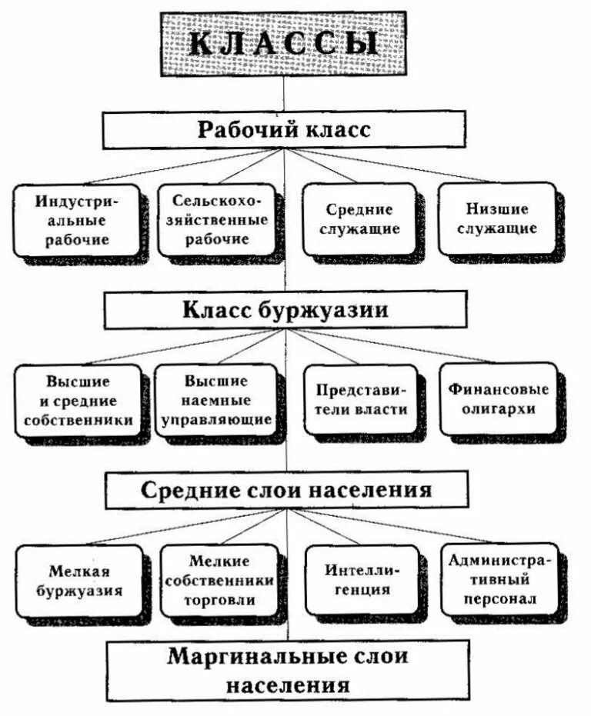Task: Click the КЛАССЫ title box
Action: point(284,43)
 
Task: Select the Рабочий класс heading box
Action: point(284,129)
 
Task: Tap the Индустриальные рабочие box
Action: point(76,220)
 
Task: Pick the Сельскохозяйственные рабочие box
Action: point(215,219)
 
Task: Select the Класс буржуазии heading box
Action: point(285,309)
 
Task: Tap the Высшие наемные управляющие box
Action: point(215,400)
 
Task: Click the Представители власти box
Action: point(361,400)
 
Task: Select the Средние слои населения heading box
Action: point(285,490)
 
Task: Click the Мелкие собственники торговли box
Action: point(219,581)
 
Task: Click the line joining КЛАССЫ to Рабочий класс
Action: point(284,93)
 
